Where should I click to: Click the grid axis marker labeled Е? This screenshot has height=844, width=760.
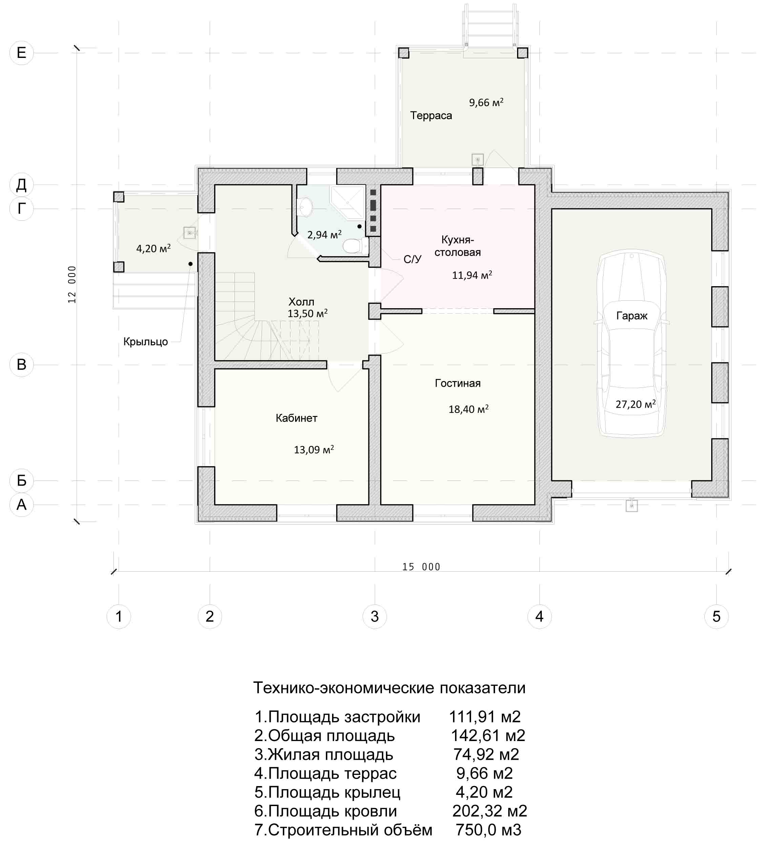click(x=21, y=52)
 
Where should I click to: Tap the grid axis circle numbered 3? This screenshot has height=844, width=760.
click(x=374, y=616)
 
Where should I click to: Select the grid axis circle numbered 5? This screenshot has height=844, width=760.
click(x=716, y=616)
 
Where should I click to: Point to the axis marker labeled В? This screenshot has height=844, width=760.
click(x=21, y=364)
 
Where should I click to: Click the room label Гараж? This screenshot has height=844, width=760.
click(x=631, y=316)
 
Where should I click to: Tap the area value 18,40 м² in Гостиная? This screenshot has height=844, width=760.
click(x=469, y=409)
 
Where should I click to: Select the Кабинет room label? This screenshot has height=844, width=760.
click(x=296, y=418)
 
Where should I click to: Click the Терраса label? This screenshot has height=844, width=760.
click(x=431, y=115)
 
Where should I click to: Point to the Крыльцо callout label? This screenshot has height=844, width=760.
click(x=145, y=342)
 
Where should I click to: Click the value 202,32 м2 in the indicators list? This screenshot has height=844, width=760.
click(x=489, y=810)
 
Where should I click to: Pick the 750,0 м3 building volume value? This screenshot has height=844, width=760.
click(x=488, y=829)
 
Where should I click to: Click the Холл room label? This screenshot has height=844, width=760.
click(x=301, y=302)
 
